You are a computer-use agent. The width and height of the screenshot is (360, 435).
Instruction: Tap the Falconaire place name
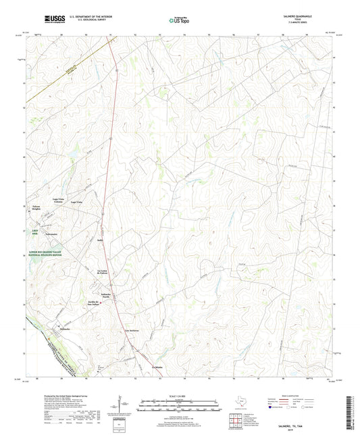point(53,234)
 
